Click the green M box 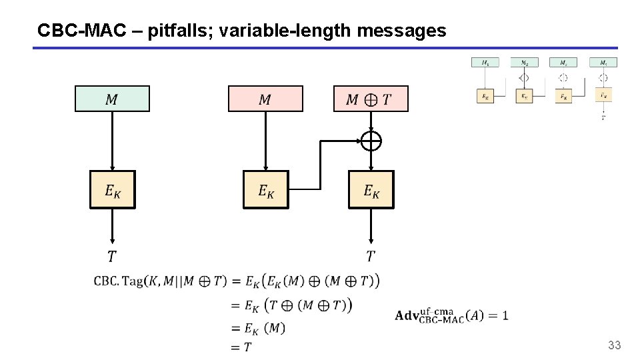pos(112,99)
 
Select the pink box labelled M pos(265,99)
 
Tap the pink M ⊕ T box pos(371,99)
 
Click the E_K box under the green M pos(112,190)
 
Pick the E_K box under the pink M pos(265,190)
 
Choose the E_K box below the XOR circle pos(371,190)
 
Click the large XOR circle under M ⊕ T pos(371,141)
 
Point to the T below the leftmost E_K pos(111,255)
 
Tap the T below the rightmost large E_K pos(371,255)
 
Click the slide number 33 pos(614,345)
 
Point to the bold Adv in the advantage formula pos(406,315)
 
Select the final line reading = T pos(241,346)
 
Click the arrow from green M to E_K pos(112,140)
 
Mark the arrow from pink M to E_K pos(265,140)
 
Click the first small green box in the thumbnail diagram pos(485,63)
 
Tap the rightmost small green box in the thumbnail pos(603,63)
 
